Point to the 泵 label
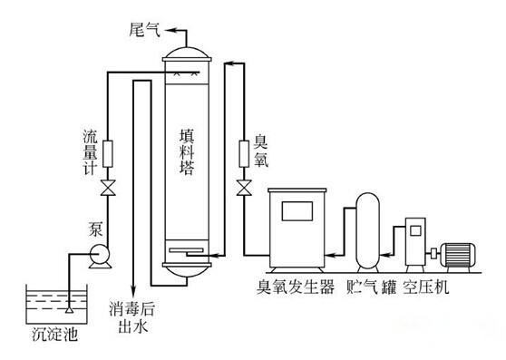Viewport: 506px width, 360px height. [96, 226]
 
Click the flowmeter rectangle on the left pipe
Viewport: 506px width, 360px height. [107, 151]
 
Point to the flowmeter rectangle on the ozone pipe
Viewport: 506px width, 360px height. [243, 151]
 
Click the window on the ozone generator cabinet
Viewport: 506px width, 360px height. [296, 210]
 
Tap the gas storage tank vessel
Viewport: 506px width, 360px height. [368, 229]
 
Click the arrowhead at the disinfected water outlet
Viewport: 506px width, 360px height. [134, 289]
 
